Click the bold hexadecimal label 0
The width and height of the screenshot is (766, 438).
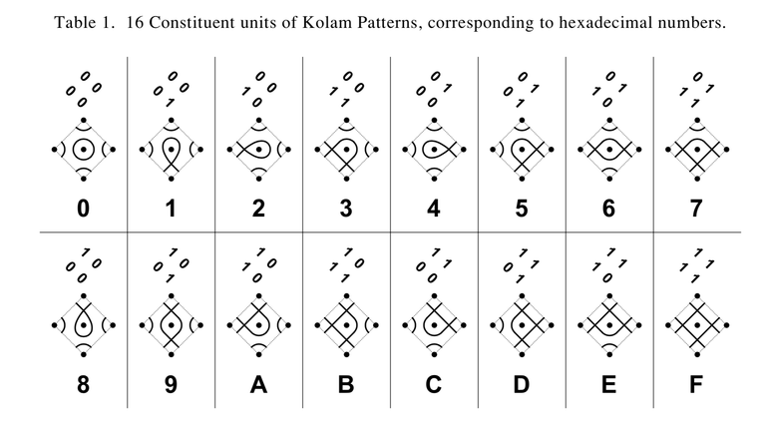[x=84, y=209]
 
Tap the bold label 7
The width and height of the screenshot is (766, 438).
[x=696, y=209]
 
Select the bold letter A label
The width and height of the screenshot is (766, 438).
[x=258, y=384]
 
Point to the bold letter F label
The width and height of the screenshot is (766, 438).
[x=696, y=384]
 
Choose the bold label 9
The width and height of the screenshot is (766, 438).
[x=171, y=384]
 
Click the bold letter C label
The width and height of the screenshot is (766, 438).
[x=434, y=384]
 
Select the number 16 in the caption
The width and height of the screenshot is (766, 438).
[x=135, y=23]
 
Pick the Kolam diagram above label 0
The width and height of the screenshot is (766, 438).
[x=84, y=149]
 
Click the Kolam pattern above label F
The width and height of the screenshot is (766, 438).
[x=697, y=325]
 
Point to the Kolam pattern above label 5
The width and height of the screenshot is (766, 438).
[x=522, y=149]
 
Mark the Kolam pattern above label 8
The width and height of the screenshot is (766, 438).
[x=84, y=325]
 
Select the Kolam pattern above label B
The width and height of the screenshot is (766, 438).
[x=346, y=325]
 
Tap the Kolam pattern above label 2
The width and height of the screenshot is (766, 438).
[x=259, y=149]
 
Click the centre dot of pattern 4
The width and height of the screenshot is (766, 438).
[x=434, y=149]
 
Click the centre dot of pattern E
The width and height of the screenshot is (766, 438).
[x=609, y=325]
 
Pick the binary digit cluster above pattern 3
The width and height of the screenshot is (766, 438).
[x=346, y=90]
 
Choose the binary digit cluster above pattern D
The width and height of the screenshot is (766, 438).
[x=522, y=265]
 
